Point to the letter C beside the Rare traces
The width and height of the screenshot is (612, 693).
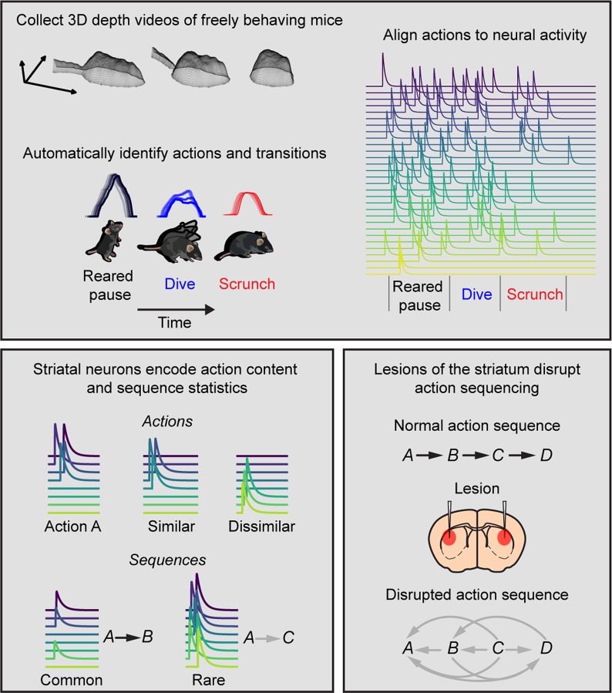click(288, 638)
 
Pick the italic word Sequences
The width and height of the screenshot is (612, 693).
click(168, 560)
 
